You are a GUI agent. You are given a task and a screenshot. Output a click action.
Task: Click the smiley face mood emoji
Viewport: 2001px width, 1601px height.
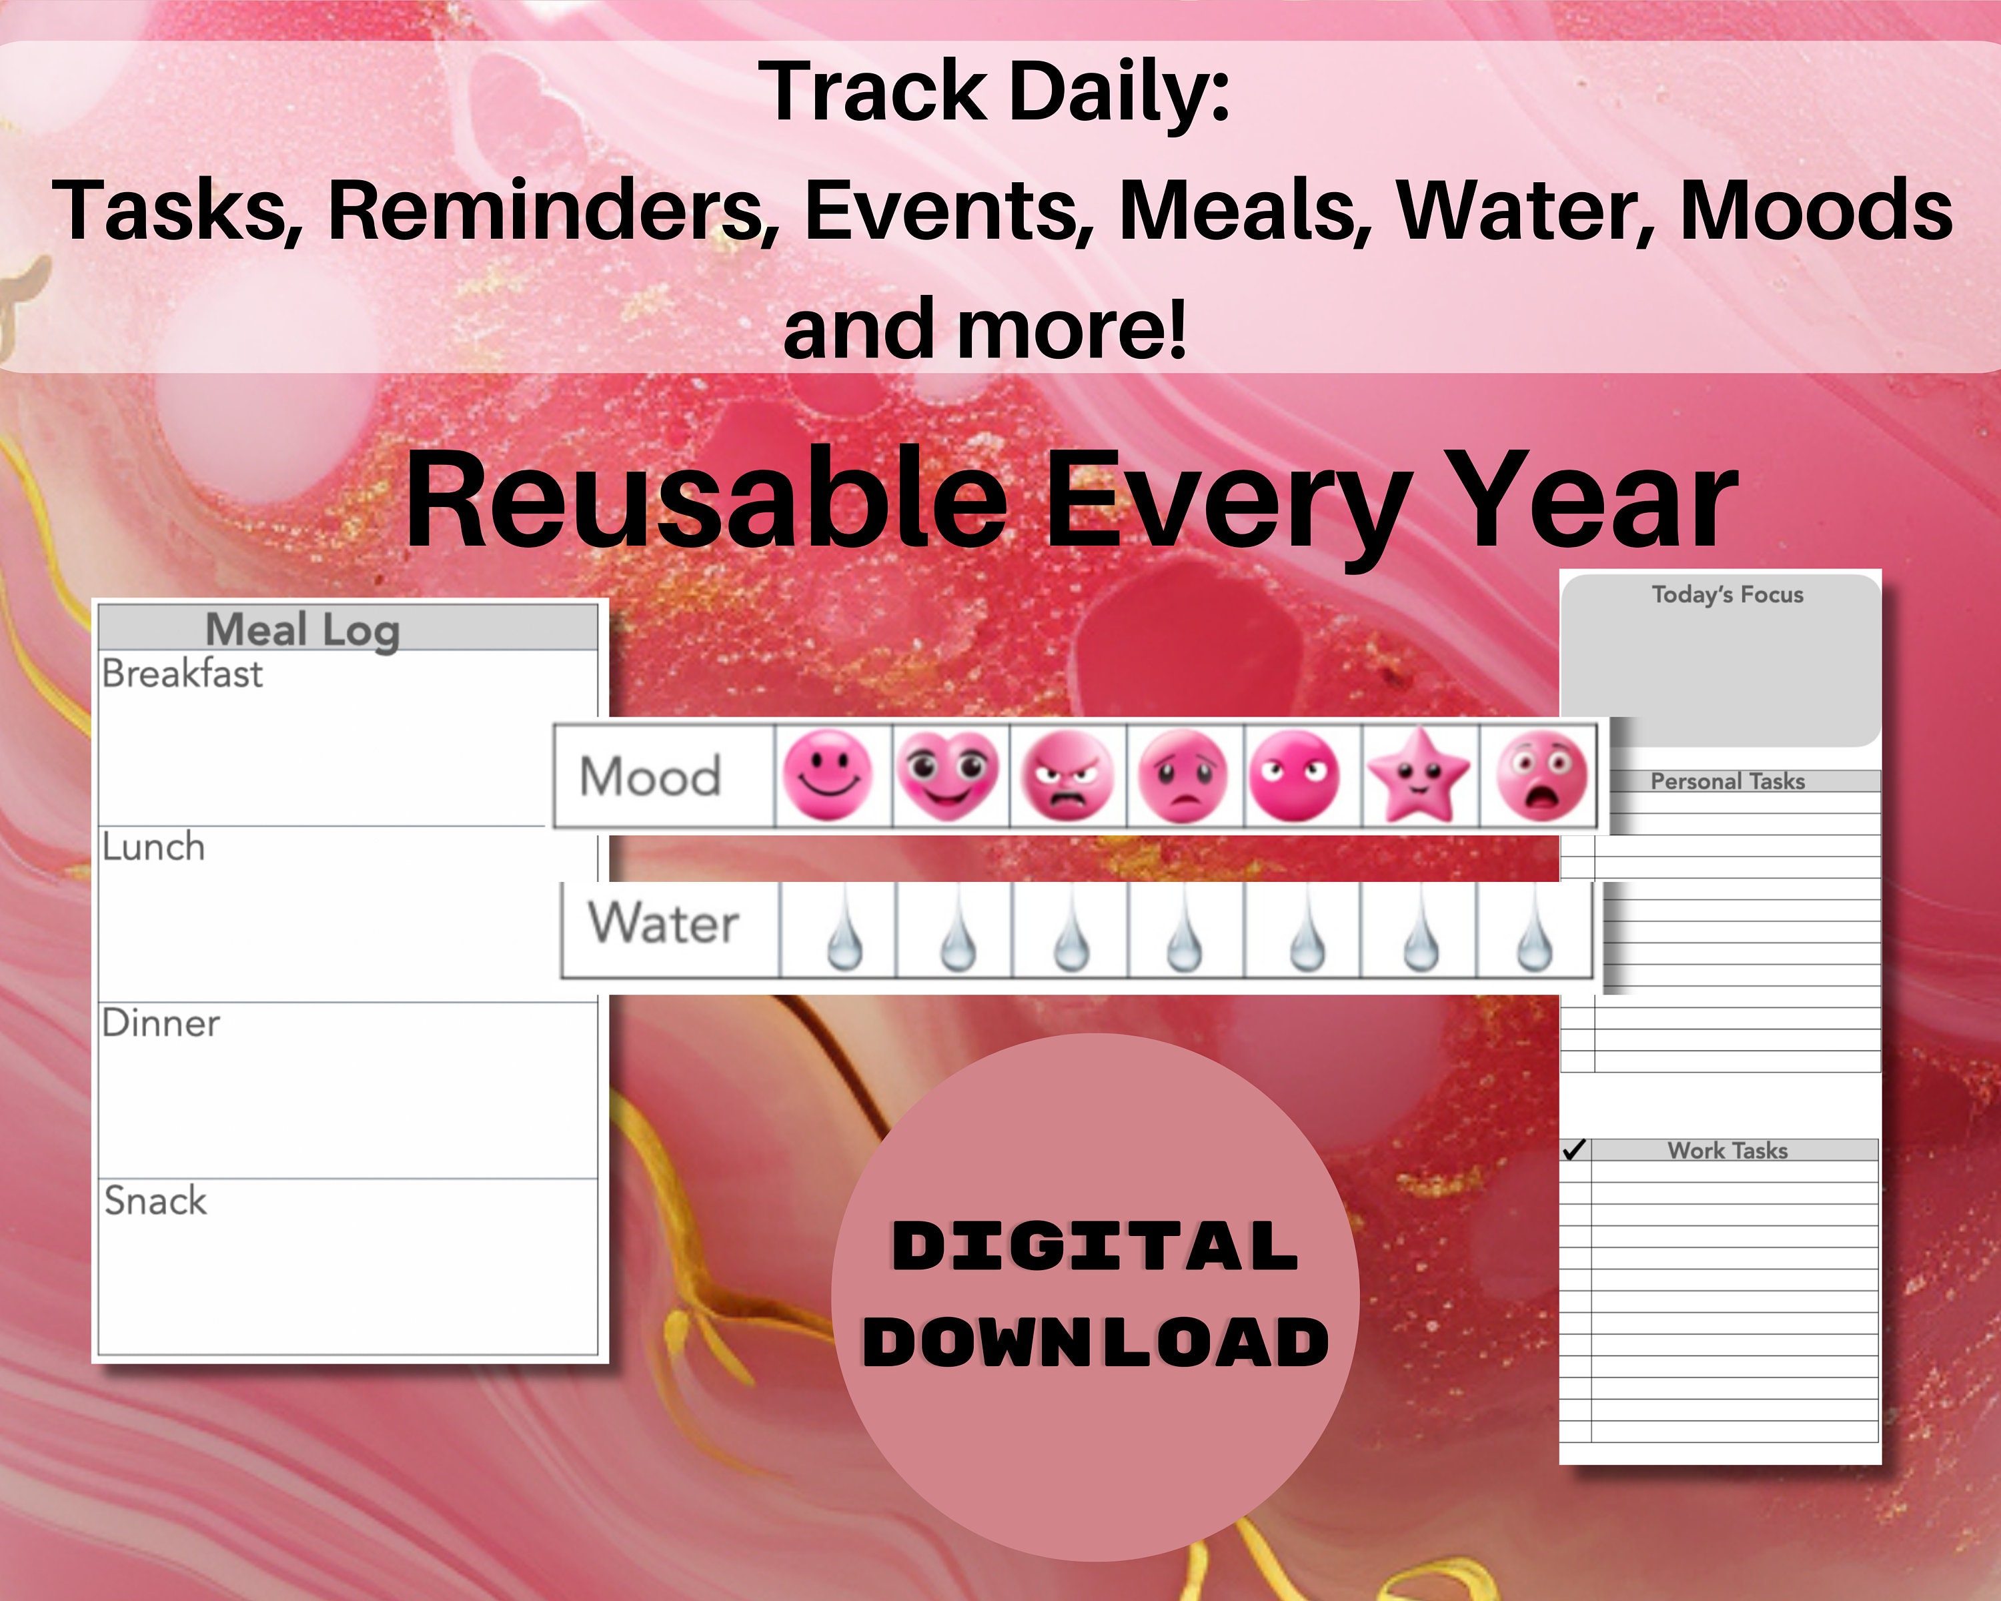pos(828,775)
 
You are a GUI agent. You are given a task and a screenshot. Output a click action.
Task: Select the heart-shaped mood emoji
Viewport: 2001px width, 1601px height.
pos(946,775)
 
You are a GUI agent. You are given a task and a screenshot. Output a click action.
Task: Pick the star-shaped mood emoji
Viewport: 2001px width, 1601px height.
pos(1418,775)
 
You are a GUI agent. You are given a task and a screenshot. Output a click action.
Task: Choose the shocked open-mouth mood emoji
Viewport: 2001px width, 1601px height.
pos(1541,775)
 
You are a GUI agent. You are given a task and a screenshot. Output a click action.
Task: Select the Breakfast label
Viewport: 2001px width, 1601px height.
pos(182,674)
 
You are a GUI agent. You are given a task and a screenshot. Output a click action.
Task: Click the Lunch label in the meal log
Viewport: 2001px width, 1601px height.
pos(153,847)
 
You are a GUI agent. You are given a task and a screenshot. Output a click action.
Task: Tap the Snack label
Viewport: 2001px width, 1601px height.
pos(155,1201)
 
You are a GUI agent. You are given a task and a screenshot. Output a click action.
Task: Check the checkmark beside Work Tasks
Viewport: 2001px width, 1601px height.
pos(1574,1151)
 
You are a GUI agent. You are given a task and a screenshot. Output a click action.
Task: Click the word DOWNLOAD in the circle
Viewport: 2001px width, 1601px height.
pos(1096,1342)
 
